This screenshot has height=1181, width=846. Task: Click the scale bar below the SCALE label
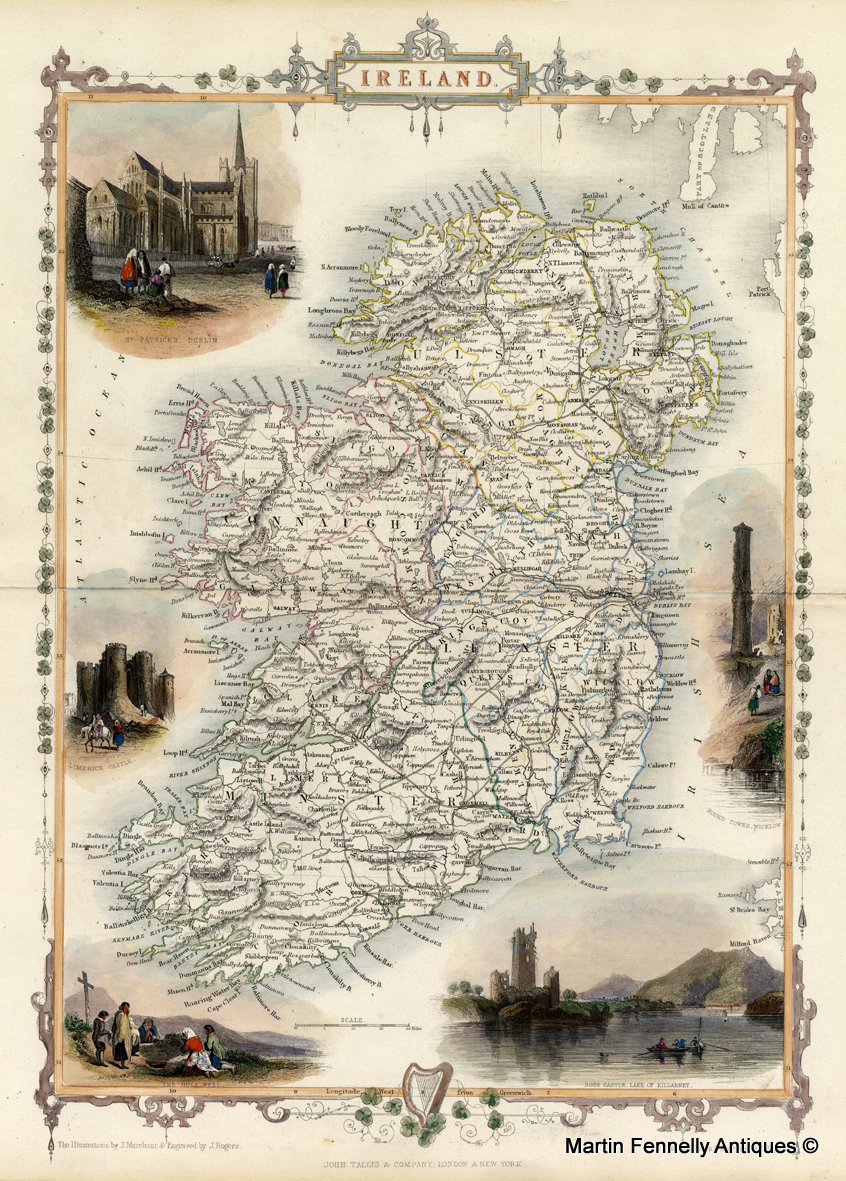pos(353,1027)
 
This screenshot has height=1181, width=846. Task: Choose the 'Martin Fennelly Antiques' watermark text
pos(691,1145)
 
